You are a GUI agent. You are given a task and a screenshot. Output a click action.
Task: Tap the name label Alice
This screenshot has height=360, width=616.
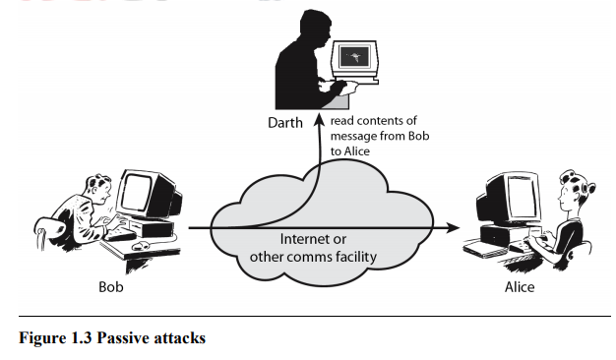(x=519, y=287)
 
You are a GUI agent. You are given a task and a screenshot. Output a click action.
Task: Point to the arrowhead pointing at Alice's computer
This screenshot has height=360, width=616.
(x=454, y=227)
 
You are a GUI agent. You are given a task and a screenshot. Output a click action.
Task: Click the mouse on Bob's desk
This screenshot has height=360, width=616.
(x=139, y=244)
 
